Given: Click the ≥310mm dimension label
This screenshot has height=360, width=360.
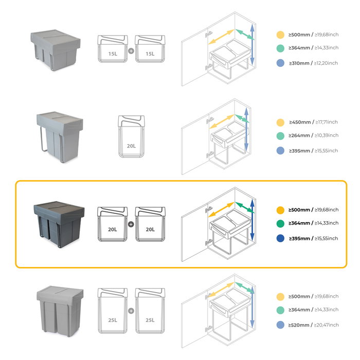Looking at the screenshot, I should [300, 63].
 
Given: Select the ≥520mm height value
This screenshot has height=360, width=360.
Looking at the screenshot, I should [300, 325].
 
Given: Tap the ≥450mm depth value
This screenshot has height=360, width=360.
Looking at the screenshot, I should [300, 122].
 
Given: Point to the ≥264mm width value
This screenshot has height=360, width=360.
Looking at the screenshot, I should [300, 135].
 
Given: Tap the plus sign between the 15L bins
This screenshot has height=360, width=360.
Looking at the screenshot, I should [131, 51].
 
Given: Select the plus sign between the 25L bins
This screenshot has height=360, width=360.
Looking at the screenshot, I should [131, 311].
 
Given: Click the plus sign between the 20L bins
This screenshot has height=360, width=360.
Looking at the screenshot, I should [131, 224].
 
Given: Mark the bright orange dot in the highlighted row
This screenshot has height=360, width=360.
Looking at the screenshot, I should [280, 210].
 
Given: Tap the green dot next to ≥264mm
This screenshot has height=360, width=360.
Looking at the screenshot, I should [280, 136].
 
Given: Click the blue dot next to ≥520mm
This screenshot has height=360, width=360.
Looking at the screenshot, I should [280, 325].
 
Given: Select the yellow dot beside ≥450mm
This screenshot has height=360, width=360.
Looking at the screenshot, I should [280, 122].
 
